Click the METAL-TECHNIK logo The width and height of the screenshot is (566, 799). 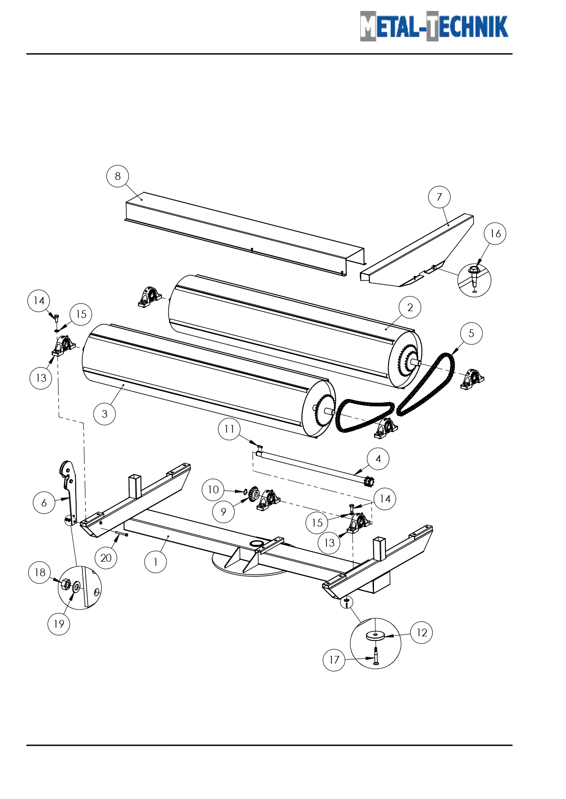click(434, 26)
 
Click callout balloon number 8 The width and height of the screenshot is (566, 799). click(118, 176)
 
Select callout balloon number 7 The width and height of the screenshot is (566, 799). click(439, 197)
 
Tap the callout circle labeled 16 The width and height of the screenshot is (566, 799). click(495, 234)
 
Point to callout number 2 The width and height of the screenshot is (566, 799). click(410, 307)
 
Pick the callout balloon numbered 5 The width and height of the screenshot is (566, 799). click(471, 333)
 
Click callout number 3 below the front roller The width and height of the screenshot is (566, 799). click(104, 414)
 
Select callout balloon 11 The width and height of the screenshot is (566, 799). click(229, 429)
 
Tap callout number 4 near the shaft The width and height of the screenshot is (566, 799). click(378, 459)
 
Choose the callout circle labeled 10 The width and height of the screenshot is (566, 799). click(213, 490)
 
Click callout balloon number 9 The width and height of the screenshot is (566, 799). click(223, 512)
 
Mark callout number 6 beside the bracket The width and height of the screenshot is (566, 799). click(44, 502)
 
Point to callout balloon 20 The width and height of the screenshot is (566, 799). click(106, 558)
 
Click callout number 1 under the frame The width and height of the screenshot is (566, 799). click(156, 562)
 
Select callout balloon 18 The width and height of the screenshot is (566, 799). click(40, 573)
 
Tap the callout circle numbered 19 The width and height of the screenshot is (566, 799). click(59, 624)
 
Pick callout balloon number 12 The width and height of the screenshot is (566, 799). click(421, 632)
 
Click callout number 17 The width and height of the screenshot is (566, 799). click(334, 660)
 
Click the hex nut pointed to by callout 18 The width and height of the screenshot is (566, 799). click(65, 584)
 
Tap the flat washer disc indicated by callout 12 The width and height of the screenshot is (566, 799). click(375, 635)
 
